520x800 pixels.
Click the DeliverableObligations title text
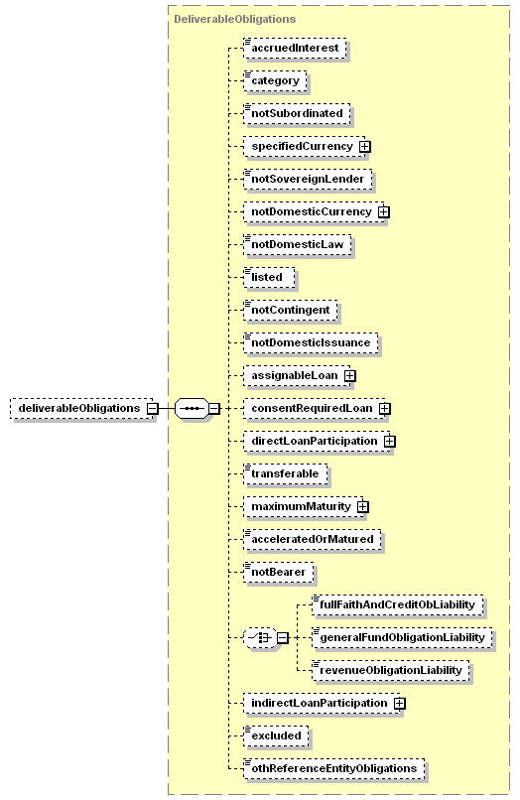pos(235,20)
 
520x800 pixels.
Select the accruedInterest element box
pos(295,48)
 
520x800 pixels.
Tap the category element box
pos(275,80)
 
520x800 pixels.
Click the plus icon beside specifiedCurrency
pos(364,147)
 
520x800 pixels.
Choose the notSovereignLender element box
pos(308,179)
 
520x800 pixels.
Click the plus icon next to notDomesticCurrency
pos(384,211)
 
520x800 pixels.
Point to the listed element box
pos(270,277)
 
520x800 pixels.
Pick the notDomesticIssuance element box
pos(311,342)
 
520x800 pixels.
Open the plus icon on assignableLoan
pos(350,375)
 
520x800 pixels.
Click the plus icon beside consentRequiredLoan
pos(385,408)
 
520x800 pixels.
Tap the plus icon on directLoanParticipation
pos(390,441)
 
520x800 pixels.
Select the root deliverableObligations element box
pos(81,409)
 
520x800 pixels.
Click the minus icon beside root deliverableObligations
pos(152,409)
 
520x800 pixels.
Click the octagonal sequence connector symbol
pos(192,409)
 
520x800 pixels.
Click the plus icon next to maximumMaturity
pos(363,506)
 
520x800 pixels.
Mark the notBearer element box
pos(279,572)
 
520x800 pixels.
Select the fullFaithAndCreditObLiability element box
pos(398,604)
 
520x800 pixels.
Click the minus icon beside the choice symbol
pos(283,638)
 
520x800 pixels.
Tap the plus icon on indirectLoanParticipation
pos(400,703)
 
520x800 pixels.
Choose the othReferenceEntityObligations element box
pos(334,768)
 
